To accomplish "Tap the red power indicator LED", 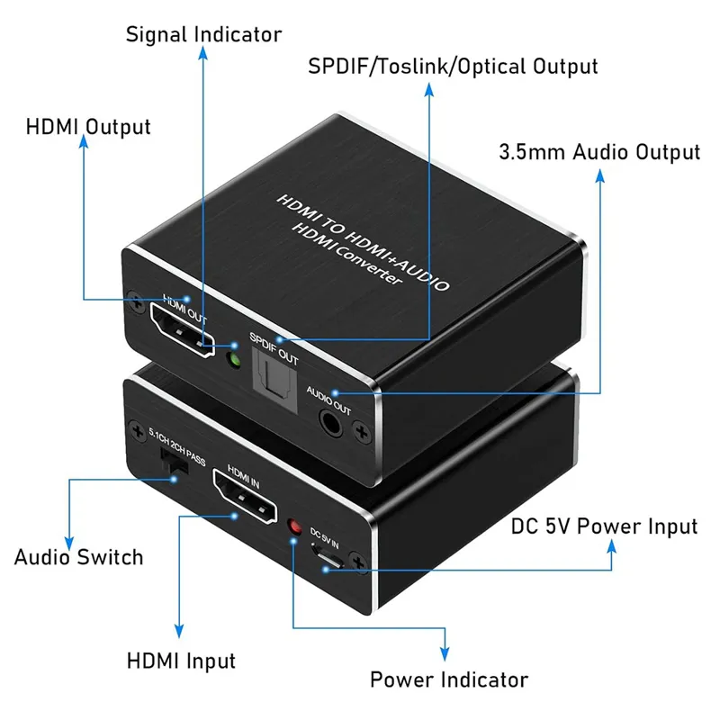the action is (x=294, y=526).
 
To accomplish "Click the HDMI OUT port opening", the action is (x=183, y=330).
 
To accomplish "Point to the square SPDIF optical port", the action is (x=275, y=380).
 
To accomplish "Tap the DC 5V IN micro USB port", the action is (x=327, y=556).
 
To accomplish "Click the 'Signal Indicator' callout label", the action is (x=203, y=35).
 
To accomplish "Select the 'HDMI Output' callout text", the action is (x=88, y=127).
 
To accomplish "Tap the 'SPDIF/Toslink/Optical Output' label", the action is (x=453, y=67).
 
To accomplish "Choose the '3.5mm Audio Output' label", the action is (x=599, y=152).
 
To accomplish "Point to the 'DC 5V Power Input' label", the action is (x=604, y=526).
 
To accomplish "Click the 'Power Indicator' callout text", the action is (x=449, y=679).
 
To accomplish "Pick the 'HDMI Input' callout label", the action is (x=181, y=661).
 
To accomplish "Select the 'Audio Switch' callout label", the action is (x=79, y=557).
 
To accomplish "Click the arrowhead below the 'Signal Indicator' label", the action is (x=203, y=53).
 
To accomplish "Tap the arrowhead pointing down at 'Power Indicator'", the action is (x=445, y=654).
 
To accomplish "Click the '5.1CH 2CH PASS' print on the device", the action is (x=176, y=446).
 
